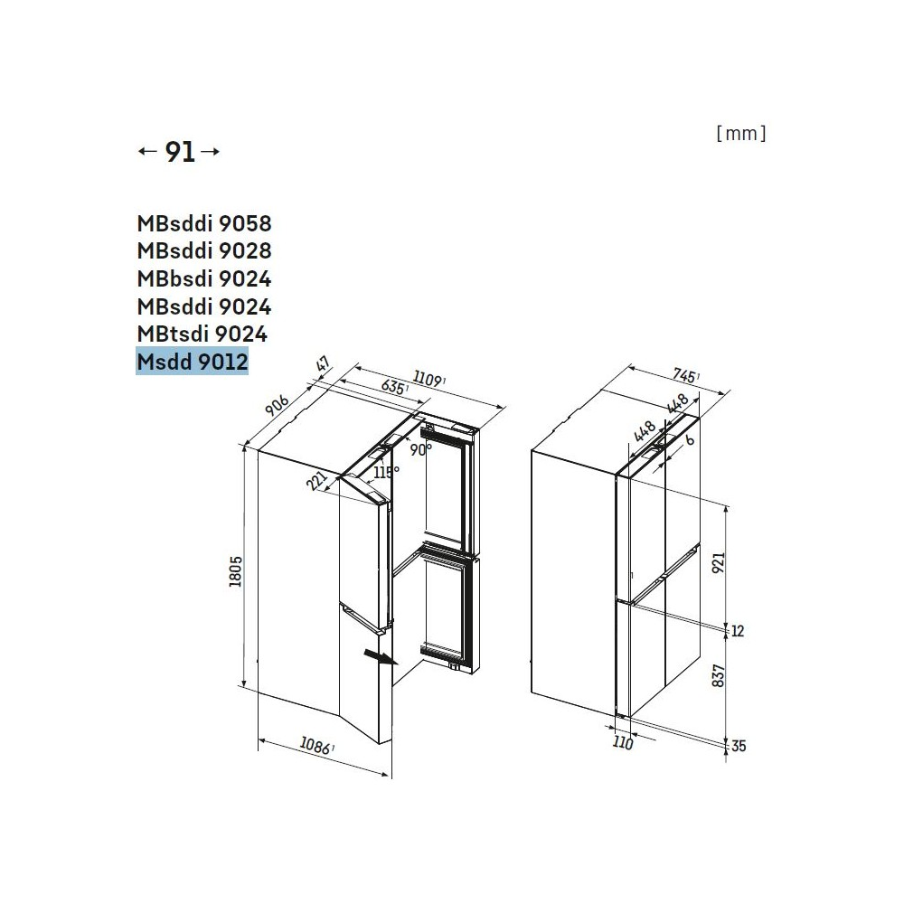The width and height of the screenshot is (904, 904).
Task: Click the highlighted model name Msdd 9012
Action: pyautogui.click(x=192, y=363)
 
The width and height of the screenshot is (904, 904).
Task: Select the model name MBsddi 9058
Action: pyautogui.click(x=203, y=222)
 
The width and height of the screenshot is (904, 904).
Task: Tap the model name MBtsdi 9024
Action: pyautogui.click(x=202, y=334)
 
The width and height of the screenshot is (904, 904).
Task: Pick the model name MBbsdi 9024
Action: pyautogui.click(x=203, y=278)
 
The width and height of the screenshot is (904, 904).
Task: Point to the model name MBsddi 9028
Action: pyautogui.click(x=203, y=250)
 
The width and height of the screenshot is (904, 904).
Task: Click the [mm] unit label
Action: pyautogui.click(x=740, y=134)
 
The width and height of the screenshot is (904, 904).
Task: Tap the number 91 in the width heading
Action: pyautogui.click(x=180, y=153)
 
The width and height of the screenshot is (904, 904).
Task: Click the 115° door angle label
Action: pyautogui.click(x=386, y=473)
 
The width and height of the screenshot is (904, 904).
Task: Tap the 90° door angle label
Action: pyautogui.click(x=419, y=448)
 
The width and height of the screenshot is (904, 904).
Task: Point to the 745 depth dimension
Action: pyautogui.click(x=684, y=376)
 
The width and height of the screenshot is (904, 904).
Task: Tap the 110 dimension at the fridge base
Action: pyautogui.click(x=622, y=744)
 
